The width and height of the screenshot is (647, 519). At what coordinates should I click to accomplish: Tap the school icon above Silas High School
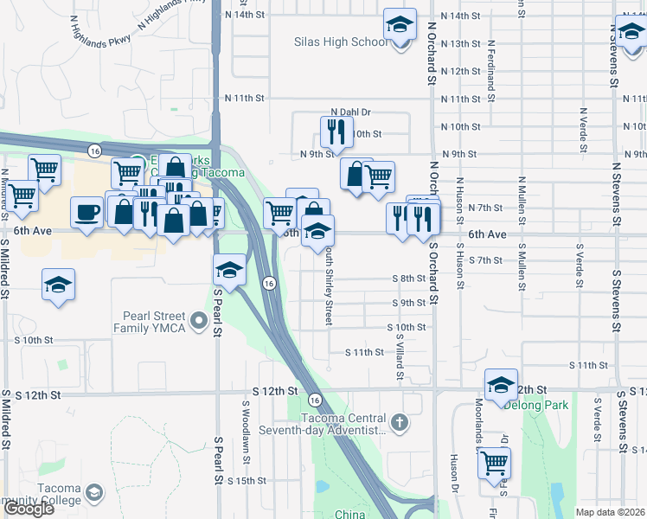pyautogui.click(x=400, y=25)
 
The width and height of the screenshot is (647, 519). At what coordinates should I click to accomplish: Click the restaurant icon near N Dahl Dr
pyautogui.click(x=334, y=131)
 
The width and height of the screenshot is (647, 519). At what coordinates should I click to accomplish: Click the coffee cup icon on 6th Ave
pyautogui.click(x=86, y=212)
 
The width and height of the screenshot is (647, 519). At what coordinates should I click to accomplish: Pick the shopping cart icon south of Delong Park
pyautogui.click(x=495, y=463)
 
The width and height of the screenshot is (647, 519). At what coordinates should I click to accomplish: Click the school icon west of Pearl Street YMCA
pyautogui.click(x=58, y=285)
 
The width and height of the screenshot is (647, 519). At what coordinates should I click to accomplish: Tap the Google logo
pyautogui.click(x=29, y=508)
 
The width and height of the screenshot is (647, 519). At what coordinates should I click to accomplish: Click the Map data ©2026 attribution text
pyautogui.click(x=610, y=512)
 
